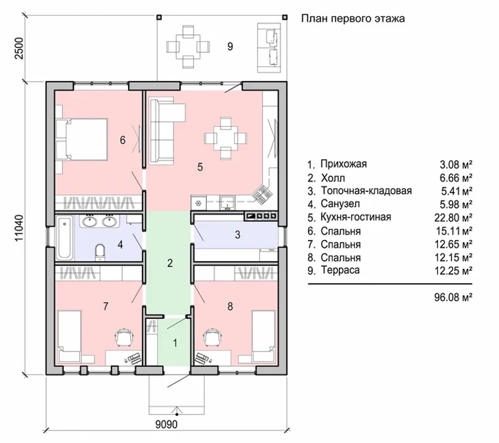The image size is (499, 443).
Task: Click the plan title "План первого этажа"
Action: (x=353, y=18)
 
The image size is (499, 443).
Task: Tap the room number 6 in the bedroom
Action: (x=123, y=140)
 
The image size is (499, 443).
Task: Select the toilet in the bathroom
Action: (x=100, y=252)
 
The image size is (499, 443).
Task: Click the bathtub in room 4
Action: (x=64, y=237)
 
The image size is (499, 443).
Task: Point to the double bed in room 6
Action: (x=82, y=139)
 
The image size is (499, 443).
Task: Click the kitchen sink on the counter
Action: (x=228, y=202)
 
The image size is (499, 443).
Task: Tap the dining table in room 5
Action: (x=226, y=138)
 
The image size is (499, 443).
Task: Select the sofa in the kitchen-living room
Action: (x=163, y=131)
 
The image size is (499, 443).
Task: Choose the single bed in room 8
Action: (x=263, y=337)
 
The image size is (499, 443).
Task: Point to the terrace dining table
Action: (x=188, y=47)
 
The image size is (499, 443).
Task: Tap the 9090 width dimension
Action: (x=166, y=424)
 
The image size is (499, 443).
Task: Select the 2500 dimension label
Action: (x=19, y=48)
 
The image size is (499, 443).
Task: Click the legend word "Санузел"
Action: (x=340, y=204)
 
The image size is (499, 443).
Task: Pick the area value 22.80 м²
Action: (x=453, y=218)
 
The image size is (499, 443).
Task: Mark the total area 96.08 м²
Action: (x=453, y=297)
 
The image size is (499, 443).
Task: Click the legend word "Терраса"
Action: (x=340, y=269)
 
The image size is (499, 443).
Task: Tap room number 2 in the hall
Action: (x=170, y=263)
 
